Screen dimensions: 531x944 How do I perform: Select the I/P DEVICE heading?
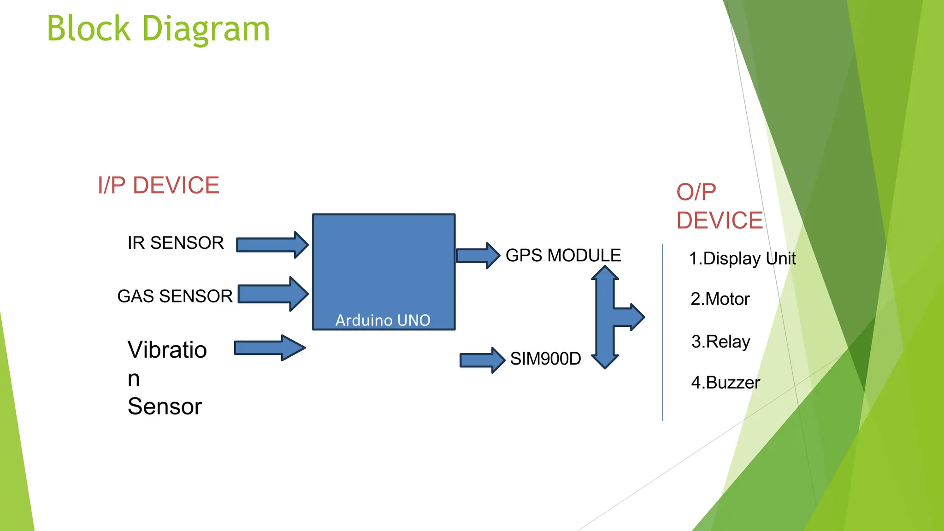click(158, 185)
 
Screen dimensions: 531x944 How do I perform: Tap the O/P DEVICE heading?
click(719, 206)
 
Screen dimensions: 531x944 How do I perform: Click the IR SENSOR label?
click(176, 243)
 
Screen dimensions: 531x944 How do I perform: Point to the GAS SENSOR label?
click(175, 296)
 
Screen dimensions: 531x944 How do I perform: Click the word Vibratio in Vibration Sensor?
click(167, 350)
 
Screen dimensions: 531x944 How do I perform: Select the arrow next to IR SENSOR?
click(272, 245)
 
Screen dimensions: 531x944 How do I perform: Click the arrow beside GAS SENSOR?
click(273, 294)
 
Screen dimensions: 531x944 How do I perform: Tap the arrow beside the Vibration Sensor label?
click(270, 348)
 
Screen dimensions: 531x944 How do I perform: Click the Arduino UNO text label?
click(383, 320)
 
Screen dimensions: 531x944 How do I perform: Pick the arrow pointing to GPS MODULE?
click(478, 255)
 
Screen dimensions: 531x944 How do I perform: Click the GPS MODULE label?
click(563, 255)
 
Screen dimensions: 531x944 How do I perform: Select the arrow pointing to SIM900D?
click(482, 360)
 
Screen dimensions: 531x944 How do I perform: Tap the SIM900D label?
click(545, 359)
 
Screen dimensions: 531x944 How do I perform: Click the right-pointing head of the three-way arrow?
click(634, 317)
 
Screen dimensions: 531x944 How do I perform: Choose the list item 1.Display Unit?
click(742, 259)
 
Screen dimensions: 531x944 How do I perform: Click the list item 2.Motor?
click(720, 299)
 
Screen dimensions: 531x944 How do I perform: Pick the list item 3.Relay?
click(720, 342)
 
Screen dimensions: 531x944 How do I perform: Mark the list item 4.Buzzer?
click(725, 383)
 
